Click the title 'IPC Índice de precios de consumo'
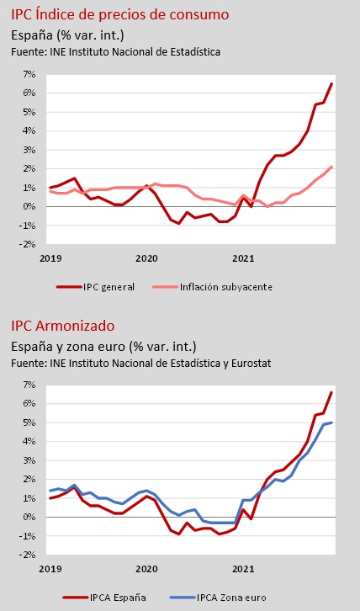tap(119, 15)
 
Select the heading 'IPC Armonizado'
tap(63, 326)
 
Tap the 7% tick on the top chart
tap(31, 74)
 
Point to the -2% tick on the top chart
tap(29, 244)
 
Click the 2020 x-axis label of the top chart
tap(146, 258)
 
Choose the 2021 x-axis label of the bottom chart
tap(243, 569)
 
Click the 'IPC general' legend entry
tap(95, 287)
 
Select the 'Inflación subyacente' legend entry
tap(212, 287)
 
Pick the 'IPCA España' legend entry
tap(104, 598)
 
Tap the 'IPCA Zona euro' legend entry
tap(218, 598)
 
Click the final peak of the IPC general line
tap(331, 83)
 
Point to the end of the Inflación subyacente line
tap(331, 167)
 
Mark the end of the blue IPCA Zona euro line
tap(331, 422)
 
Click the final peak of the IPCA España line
tap(331, 392)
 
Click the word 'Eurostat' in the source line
tap(251, 364)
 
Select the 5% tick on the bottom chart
tap(31, 422)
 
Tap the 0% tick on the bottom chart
tap(31, 517)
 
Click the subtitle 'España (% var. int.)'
tap(67, 35)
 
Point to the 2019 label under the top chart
tap(50, 258)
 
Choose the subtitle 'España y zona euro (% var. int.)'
tap(103, 347)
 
